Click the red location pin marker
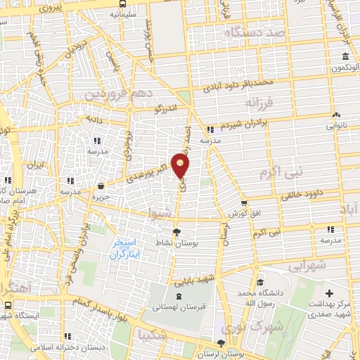[181, 166]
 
